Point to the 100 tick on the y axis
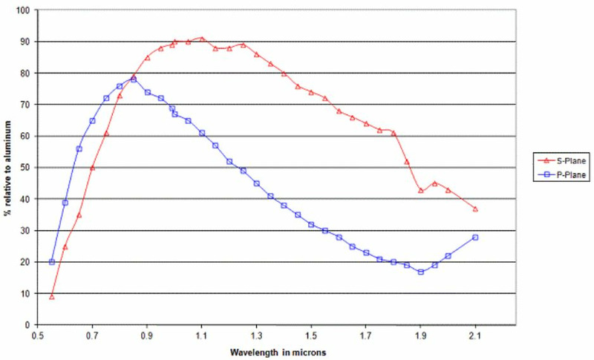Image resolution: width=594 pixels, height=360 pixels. tap(25, 10)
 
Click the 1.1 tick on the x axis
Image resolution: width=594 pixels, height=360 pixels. tap(201, 336)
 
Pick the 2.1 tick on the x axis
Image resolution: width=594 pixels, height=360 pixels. tap(475, 336)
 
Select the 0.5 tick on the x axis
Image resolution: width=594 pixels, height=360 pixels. tap(38, 336)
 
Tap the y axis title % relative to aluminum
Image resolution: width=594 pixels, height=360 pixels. tap(8, 168)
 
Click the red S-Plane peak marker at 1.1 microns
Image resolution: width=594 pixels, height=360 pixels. tap(201, 39)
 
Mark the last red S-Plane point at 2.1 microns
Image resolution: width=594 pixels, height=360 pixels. tap(475, 209)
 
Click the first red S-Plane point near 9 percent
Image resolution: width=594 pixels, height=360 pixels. tap(52, 297)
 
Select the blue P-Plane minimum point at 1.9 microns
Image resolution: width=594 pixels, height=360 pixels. tap(420, 272)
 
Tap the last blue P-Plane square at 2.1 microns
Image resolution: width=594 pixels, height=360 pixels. tap(475, 238)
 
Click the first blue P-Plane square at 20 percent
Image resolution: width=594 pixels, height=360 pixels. tap(52, 262)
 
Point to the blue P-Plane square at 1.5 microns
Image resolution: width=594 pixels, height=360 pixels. tap(311, 224)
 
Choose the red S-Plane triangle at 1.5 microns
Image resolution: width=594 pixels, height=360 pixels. tap(311, 92)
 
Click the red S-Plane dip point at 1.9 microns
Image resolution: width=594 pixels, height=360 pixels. tap(420, 190)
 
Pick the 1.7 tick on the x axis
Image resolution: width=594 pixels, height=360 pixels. tap(366, 336)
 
